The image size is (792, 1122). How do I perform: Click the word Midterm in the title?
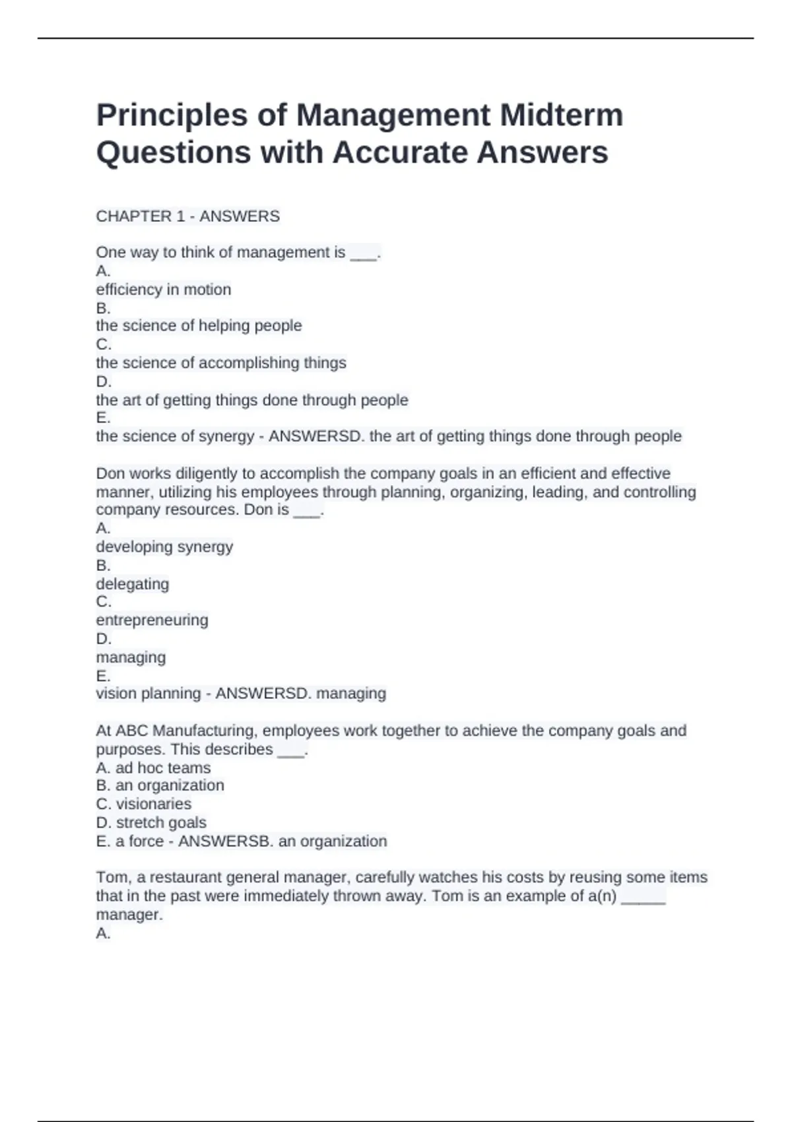[x=561, y=115]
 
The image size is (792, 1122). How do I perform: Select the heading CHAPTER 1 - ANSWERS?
[x=187, y=216]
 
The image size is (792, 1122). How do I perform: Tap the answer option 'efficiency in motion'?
[x=163, y=290]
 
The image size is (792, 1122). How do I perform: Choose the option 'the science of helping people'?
[x=199, y=325]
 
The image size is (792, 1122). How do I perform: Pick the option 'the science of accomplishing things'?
[x=220, y=363]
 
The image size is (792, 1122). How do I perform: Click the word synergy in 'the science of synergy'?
[x=226, y=436]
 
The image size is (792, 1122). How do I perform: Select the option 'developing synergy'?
[x=164, y=546]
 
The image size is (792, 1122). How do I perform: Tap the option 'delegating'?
[x=132, y=584]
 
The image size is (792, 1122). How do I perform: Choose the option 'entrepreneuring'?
[x=152, y=620]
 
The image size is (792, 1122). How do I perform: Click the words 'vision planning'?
[x=148, y=694]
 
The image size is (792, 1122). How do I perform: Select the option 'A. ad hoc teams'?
[x=153, y=768]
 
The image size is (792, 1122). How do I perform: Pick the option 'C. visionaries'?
[x=143, y=804]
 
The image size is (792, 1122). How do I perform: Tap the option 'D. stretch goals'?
[x=150, y=822]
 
